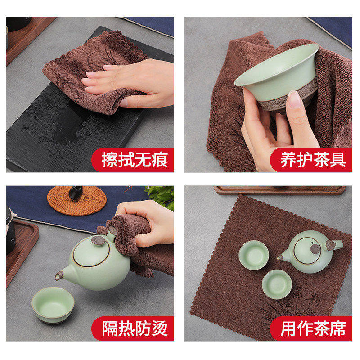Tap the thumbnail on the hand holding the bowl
(295, 100)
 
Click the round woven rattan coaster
(77, 200)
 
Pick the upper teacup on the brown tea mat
(252, 255)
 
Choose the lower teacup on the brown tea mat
(276, 283)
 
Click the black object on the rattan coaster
(76, 193)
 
